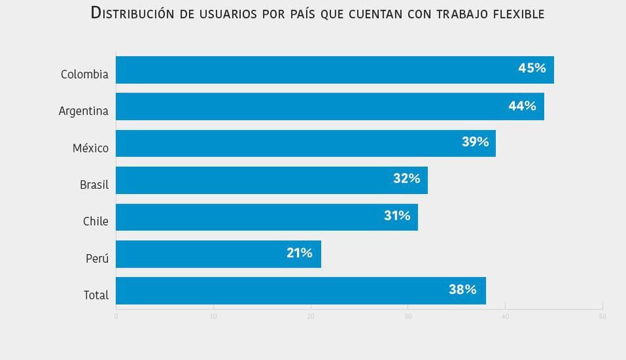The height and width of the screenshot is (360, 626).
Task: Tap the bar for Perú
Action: point(218,254)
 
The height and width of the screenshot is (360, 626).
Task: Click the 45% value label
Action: point(531,68)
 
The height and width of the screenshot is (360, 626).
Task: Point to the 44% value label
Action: point(522,106)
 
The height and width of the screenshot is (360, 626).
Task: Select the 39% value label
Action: point(475,142)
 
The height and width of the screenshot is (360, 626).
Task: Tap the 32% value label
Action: point(406,179)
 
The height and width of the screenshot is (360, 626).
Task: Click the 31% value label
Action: point(397,216)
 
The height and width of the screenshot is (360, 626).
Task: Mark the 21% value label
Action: point(299,253)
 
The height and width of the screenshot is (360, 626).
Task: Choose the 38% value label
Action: point(462,290)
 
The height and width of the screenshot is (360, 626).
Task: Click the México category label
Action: point(90,148)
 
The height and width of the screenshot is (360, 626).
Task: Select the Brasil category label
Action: point(94,185)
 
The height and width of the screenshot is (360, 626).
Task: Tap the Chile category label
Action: point(96,221)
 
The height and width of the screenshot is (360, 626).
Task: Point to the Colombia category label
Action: point(84,75)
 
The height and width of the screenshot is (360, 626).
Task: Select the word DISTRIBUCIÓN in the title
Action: point(134,13)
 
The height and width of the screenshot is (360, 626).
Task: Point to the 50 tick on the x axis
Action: point(602,317)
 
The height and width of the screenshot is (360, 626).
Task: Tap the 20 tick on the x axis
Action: point(310,317)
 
